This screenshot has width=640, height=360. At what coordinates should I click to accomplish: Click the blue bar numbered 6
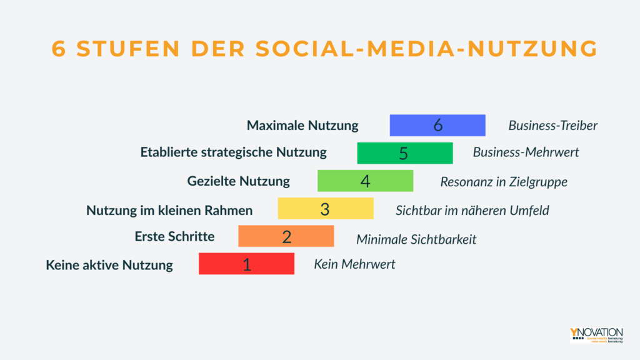[437, 125]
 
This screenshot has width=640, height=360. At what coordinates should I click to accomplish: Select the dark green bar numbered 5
[404, 153]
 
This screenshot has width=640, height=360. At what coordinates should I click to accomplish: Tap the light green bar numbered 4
[365, 181]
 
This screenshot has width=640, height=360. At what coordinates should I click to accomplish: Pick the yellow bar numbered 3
[325, 209]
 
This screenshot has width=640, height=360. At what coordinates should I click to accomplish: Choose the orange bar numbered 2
[286, 236]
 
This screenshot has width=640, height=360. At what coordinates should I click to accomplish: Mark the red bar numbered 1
[246, 264]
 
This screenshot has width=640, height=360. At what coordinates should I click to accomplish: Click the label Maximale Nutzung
[302, 126]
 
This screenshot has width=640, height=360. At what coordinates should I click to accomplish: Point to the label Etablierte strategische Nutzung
[233, 152]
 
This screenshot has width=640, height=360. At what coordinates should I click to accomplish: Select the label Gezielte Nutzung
[238, 181]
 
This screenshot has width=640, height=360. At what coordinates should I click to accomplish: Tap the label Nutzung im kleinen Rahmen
[169, 210]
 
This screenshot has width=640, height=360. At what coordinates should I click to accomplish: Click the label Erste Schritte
[174, 236]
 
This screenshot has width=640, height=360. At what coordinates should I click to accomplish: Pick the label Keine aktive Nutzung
[109, 265]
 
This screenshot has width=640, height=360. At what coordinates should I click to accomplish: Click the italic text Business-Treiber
[552, 126]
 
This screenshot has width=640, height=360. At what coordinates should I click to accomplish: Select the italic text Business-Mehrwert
[526, 152]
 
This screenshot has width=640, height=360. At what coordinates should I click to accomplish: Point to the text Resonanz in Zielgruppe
[504, 182]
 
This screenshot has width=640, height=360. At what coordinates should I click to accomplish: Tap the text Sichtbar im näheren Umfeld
[472, 210]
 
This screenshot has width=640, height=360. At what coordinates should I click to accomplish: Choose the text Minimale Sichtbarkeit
[416, 239]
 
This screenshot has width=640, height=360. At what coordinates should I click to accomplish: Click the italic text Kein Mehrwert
[354, 264]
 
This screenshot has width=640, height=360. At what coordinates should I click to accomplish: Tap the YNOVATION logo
[596, 334]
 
